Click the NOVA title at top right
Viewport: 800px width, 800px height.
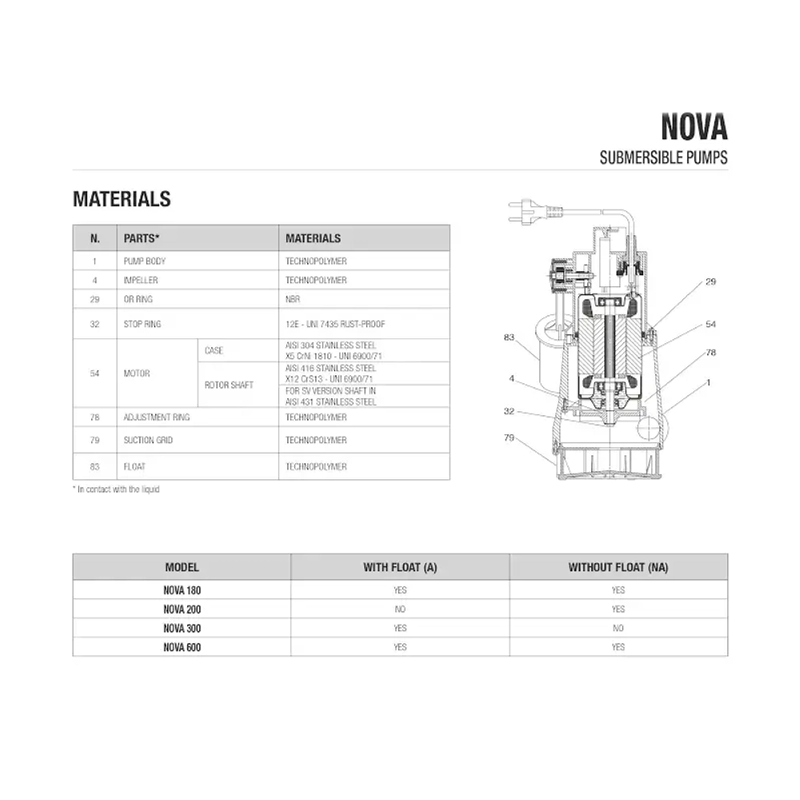(x=694, y=127)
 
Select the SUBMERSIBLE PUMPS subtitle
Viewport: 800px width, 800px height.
(x=663, y=158)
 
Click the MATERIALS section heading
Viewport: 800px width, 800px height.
(x=122, y=199)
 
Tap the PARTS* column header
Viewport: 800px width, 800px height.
(x=142, y=238)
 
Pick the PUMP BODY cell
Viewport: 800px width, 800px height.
(x=145, y=262)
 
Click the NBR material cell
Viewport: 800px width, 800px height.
(x=293, y=299)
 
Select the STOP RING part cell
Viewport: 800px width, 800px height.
(x=142, y=325)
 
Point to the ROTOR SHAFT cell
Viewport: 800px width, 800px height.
(x=229, y=385)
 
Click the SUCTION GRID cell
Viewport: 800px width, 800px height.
(x=148, y=441)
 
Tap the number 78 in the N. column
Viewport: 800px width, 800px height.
(x=95, y=418)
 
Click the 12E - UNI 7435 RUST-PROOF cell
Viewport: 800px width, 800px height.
(x=330, y=325)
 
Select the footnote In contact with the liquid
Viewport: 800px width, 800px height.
(x=116, y=489)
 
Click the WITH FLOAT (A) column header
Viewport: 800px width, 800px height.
(x=400, y=567)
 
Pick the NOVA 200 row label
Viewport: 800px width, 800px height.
(x=182, y=609)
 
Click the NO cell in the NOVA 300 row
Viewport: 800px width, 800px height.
(x=618, y=628)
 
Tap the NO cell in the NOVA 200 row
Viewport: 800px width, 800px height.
(x=400, y=609)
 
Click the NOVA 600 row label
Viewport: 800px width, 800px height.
(x=182, y=647)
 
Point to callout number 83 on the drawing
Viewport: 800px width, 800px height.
(x=509, y=338)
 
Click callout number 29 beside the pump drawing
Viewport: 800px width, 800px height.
(x=710, y=282)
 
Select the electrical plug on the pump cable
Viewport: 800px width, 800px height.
(x=528, y=213)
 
